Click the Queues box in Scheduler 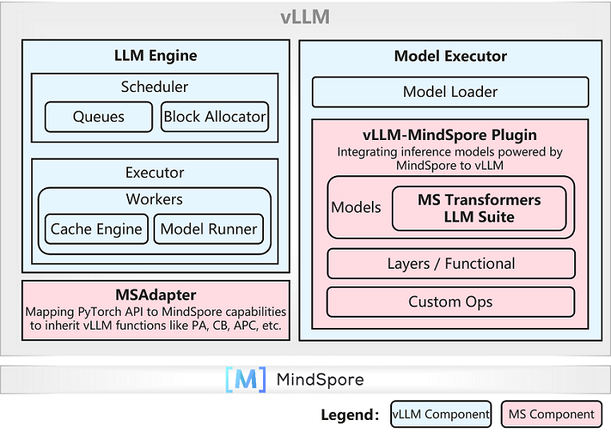click(x=98, y=117)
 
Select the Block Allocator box click(x=214, y=117)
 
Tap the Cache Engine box click(x=96, y=229)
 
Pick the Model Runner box click(x=209, y=229)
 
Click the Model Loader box click(x=450, y=92)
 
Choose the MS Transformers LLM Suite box click(x=479, y=208)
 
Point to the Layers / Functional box click(x=450, y=263)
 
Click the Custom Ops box click(x=450, y=302)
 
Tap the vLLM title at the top click(x=305, y=18)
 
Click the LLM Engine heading click(x=155, y=56)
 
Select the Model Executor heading click(x=450, y=56)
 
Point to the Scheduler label click(x=154, y=86)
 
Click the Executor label click(x=154, y=172)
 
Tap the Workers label click(x=154, y=198)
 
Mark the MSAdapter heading click(x=155, y=295)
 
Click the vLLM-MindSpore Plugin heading click(x=450, y=134)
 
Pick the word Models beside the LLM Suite click(x=356, y=208)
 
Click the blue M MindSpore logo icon click(x=246, y=379)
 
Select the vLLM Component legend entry click(x=441, y=414)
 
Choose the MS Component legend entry click(x=552, y=414)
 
